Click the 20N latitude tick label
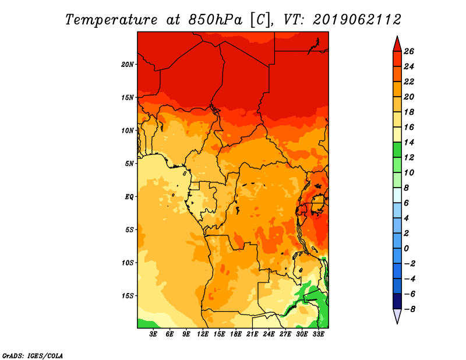click(x=128, y=65)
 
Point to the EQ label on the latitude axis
click(x=129, y=197)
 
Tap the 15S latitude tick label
click(x=128, y=296)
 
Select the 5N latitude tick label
click(x=129, y=164)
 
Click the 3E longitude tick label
click(x=153, y=334)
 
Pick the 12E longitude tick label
click(x=203, y=334)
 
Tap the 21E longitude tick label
click(x=252, y=334)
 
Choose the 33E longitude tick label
click(x=318, y=334)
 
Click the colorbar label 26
click(x=409, y=51)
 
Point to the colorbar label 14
click(x=409, y=142)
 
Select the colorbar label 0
click(x=406, y=249)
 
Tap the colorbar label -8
click(x=409, y=309)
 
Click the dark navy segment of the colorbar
click(x=397, y=301)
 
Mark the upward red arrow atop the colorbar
click(x=397, y=44)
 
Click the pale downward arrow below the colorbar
click(x=397, y=316)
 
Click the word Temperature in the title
click(x=111, y=20)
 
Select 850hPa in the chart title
click(x=215, y=20)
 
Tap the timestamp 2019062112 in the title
click(x=357, y=20)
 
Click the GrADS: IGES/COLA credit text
click(x=33, y=356)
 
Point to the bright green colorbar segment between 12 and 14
click(x=397, y=150)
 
